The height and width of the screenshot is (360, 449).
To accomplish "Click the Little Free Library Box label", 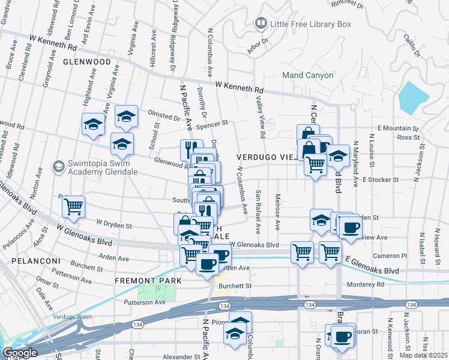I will coord(310,25).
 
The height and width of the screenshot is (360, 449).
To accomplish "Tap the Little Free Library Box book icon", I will coord(261,24).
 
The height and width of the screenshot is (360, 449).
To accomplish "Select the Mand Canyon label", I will coord(307,76).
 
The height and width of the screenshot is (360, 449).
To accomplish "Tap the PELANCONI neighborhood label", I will coord(35,262).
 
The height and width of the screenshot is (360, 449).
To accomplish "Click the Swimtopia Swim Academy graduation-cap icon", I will coord(58,166).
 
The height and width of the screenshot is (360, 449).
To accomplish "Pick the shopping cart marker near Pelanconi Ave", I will coord(73,206).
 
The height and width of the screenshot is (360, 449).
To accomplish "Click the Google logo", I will coord(19,353).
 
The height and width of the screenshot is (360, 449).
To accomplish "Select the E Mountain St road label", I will coord(397,128).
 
